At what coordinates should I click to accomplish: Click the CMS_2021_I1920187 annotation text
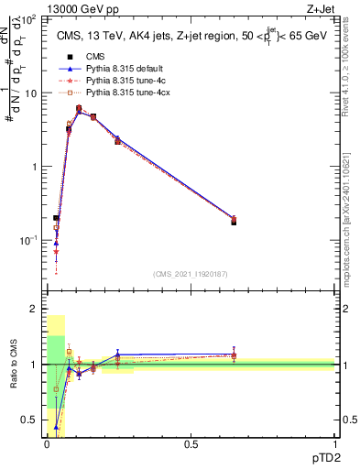coord(191,274)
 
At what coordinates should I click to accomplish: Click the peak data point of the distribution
coord(80,109)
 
